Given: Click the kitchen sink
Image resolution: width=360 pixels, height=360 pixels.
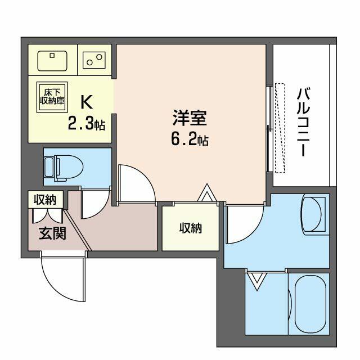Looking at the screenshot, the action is [52, 61].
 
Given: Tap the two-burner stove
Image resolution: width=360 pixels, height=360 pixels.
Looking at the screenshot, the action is [94, 60].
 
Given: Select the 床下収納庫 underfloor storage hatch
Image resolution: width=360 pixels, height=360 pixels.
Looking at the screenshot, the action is [52, 97].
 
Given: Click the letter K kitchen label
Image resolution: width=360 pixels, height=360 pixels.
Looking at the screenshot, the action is [87, 102].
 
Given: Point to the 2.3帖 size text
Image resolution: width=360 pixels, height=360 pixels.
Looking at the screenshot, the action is [87, 125].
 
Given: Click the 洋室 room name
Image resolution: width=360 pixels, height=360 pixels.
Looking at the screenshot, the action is [190, 118].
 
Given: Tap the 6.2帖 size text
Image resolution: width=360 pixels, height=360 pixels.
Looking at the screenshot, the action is [190, 140].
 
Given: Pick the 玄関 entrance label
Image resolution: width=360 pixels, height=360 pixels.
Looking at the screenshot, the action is [52, 233].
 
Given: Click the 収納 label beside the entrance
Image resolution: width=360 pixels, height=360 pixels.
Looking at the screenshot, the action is [45, 200].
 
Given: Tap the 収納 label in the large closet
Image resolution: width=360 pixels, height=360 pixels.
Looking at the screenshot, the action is [191, 228].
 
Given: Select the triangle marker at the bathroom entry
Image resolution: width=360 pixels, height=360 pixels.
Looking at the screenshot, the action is [257, 281].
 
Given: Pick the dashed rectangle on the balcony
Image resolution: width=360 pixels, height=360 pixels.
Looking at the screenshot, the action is [280, 128].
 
